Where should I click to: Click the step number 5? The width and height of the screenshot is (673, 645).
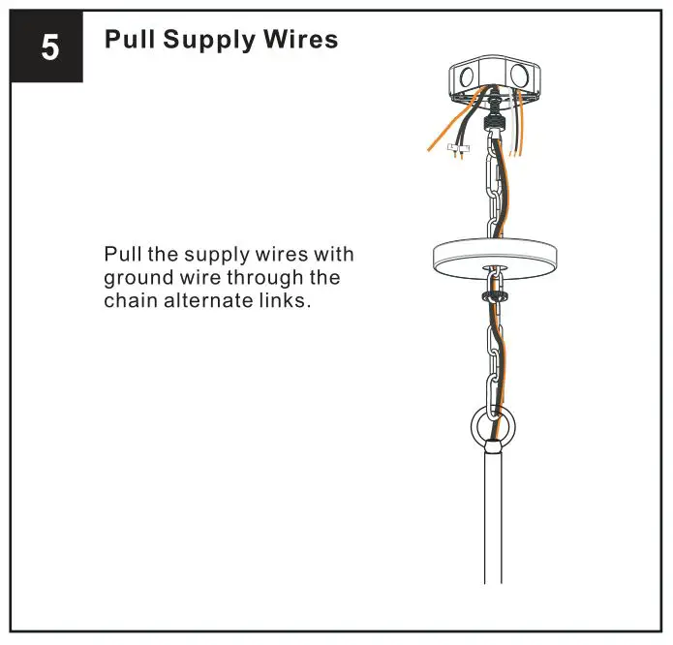47,47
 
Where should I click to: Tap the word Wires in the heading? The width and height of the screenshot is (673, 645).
301,40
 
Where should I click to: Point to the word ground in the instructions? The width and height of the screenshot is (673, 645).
137,278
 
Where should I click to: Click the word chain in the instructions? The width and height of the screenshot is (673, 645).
131,300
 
